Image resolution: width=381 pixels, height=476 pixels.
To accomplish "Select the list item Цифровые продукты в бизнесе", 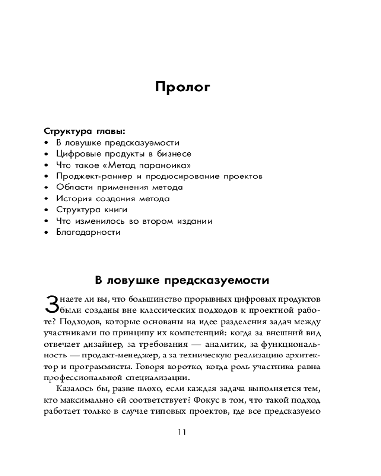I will point(124,154).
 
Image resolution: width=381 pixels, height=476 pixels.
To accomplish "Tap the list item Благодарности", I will point(88,233).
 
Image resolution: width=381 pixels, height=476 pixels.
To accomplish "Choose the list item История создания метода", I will point(112,199).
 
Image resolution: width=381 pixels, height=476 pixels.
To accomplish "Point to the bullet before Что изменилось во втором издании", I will point(46,221).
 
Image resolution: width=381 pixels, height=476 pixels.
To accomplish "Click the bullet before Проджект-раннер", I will point(46,177).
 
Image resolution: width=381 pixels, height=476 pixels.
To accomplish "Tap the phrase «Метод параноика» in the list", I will point(150,165).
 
